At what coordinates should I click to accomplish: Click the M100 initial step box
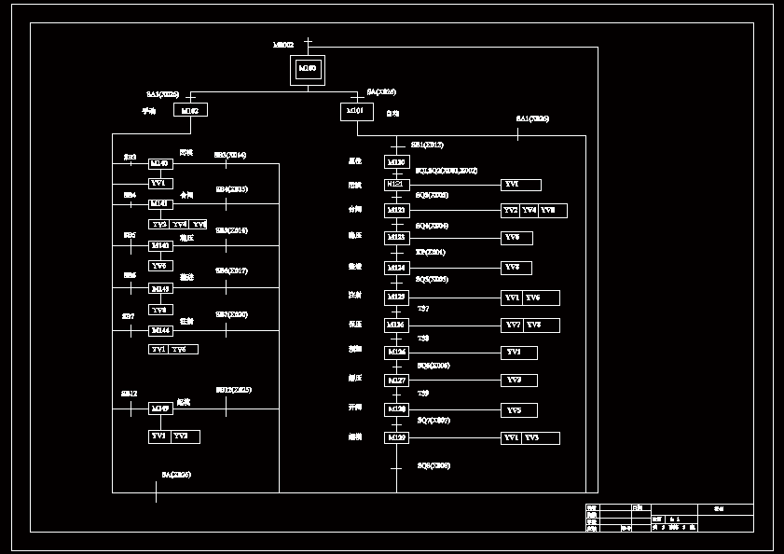pyautogui.click(x=308, y=69)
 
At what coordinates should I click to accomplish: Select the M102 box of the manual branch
pyautogui.click(x=190, y=110)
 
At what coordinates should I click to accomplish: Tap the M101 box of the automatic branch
pyautogui.click(x=356, y=111)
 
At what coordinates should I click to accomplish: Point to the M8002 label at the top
pyautogui.click(x=283, y=44)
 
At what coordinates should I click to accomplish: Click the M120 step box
pyautogui.click(x=396, y=162)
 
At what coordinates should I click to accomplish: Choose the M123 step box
pyautogui.click(x=396, y=239)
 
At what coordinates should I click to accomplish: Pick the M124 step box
pyautogui.click(x=396, y=269)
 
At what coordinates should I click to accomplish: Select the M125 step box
pyautogui.click(x=396, y=298)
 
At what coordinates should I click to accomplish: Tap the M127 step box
pyautogui.click(x=396, y=381)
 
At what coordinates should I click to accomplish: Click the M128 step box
pyautogui.click(x=396, y=409)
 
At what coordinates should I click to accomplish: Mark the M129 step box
pyautogui.click(x=396, y=437)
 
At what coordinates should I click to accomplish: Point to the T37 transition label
pyautogui.click(x=423, y=308)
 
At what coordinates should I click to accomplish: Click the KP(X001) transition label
pyautogui.click(x=431, y=253)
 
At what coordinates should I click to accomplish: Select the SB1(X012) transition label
pyautogui.click(x=427, y=145)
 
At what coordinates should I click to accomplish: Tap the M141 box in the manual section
pyautogui.click(x=160, y=203)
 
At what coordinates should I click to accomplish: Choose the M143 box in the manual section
pyautogui.click(x=160, y=289)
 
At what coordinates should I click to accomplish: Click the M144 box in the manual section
pyautogui.click(x=160, y=331)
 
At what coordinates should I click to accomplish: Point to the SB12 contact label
pyautogui.click(x=129, y=394)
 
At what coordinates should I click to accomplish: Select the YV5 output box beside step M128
pyautogui.click(x=519, y=410)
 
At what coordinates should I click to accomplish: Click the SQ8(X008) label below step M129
pyautogui.click(x=433, y=465)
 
